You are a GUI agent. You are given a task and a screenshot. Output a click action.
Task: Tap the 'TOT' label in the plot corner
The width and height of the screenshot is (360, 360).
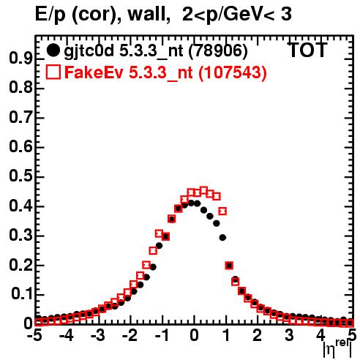(308, 50)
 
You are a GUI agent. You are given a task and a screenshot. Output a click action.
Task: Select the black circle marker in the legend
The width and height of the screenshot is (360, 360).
(53, 50)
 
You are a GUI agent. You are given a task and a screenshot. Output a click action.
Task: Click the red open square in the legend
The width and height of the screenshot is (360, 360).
(53, 72)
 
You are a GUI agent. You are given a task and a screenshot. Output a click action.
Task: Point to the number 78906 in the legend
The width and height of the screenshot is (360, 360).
(217, 51)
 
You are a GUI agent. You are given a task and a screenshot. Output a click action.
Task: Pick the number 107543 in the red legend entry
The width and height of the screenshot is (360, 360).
(232, 72)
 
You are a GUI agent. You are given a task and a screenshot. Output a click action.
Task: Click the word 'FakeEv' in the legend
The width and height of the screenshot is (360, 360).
(94, 72)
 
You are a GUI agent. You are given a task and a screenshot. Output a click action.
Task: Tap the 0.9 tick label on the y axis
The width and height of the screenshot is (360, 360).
(20, 59)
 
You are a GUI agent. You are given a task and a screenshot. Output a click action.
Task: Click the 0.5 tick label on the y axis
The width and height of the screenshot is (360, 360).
(20, 176)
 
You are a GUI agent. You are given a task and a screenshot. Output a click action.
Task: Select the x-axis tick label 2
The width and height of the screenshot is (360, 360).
(257, 335)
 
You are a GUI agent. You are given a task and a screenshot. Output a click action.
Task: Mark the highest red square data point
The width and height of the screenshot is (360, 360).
(203, 190)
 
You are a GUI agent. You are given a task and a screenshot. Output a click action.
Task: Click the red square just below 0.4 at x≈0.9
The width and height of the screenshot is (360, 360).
(222, 211)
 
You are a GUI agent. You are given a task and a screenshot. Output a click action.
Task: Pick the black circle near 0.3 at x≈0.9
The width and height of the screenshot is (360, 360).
(222, 237)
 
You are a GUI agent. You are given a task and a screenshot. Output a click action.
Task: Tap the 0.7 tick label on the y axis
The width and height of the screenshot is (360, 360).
(20, 117)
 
